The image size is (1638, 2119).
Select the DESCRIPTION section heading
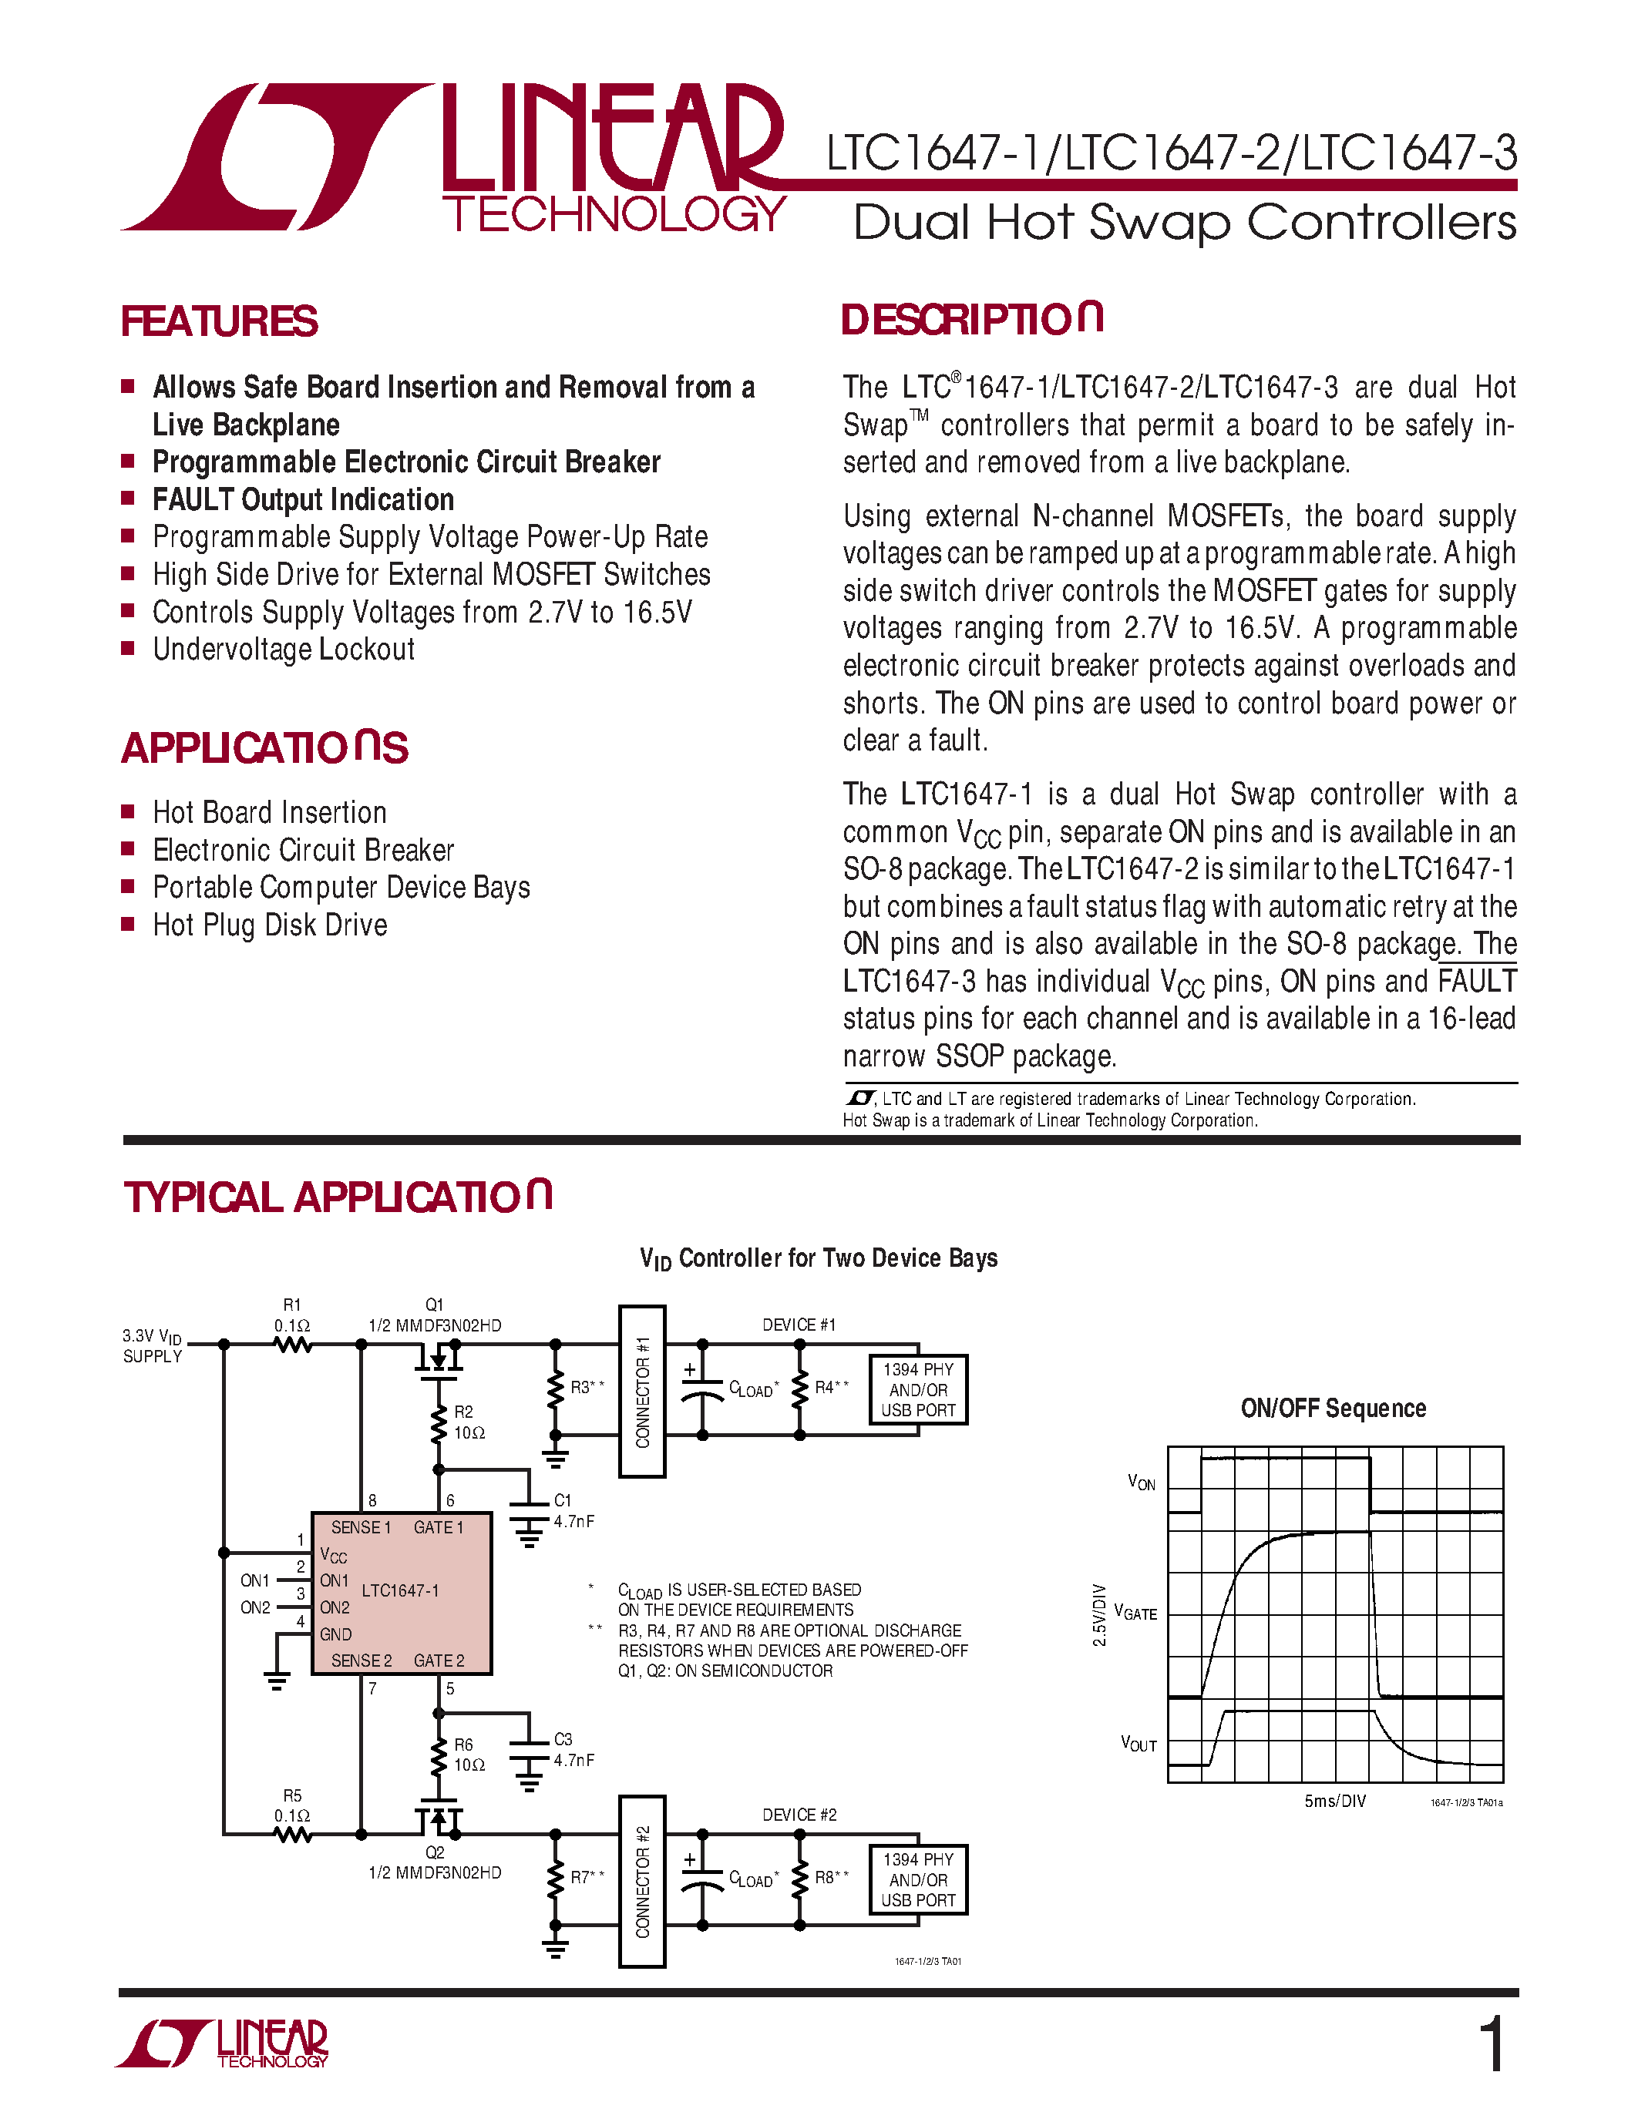point(971,321)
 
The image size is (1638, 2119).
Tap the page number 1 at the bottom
point(1492,2045)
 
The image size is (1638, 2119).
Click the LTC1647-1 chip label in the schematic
point(400,1590)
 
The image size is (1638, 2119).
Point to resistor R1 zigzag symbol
point(292,1345)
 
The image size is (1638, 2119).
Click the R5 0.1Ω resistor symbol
point(292,1835)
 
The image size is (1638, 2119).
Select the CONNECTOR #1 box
point(641,1392)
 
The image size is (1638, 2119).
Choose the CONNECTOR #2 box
point(641,1882)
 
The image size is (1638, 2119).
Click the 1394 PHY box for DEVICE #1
point(917,1389)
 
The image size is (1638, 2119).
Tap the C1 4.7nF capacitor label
point(573,1511)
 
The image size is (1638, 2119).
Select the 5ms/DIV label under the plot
point(1334,1801)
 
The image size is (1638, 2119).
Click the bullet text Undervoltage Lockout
point(284,649)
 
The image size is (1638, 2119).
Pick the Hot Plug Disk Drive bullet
point(270,925)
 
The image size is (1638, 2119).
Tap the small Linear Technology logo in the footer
point(224,2045)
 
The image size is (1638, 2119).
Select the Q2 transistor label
point(434,1852)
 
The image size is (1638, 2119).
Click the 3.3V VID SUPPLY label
point(153,1345)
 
